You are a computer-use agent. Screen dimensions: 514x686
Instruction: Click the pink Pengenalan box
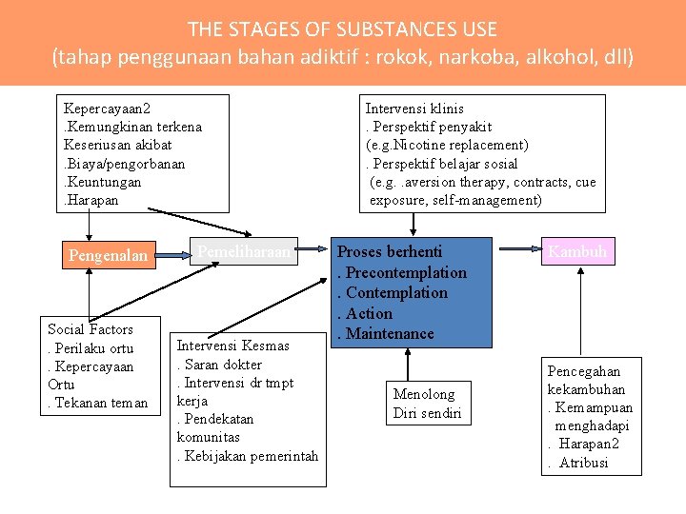coord(109,255)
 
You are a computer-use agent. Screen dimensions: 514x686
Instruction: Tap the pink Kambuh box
coord(577,252)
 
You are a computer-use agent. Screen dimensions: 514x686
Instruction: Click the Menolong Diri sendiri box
coord(427,404)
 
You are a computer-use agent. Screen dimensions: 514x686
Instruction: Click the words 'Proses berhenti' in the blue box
coord(390,251)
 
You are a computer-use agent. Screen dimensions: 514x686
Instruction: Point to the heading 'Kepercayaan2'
coord(106,109)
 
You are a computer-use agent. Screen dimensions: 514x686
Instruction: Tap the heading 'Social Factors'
coord(91,329)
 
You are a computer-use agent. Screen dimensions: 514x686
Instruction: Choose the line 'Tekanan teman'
coord(101,403)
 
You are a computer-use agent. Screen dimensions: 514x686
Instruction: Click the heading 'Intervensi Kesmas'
coord(227,346)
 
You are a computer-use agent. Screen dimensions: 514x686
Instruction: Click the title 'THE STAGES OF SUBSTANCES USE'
coord(342,30)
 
